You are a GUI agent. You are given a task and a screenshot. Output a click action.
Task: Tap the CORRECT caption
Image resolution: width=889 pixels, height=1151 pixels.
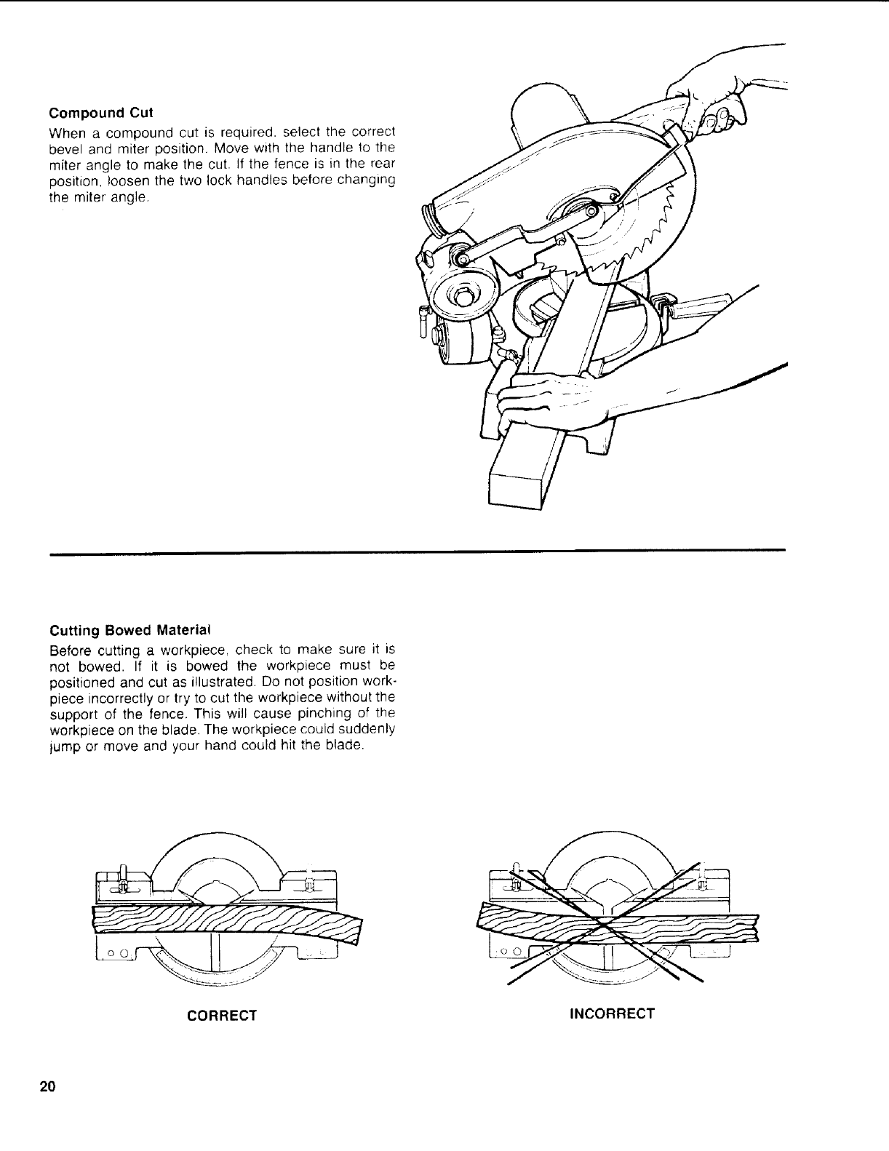click(x=222, y=1016)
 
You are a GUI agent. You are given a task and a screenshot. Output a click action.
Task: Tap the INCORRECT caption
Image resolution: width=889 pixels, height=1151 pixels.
click(x=612, y=1013)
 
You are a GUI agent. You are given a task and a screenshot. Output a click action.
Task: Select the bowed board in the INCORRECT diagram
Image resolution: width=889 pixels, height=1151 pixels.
click(x=618, y=928)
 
